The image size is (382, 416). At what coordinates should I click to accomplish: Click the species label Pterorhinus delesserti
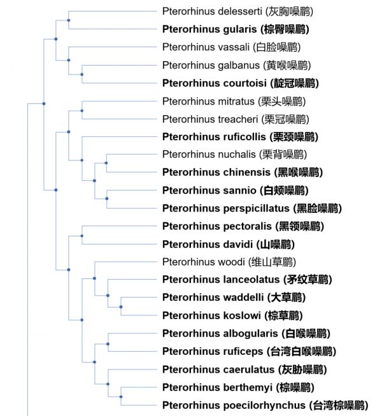click(x=237, y=11)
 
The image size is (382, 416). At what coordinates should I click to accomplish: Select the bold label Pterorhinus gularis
click(x=236, y=29)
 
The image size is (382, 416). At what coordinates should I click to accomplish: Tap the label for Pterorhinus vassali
click(x=231, y=47)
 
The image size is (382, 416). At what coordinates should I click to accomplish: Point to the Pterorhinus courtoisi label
click(x=241, y=83)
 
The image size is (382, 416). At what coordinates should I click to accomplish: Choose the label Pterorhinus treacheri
click(x=236, y=119)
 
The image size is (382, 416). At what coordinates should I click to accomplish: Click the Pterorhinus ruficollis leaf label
click(x=240, y=137)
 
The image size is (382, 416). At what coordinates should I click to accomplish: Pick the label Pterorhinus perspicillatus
click(x=252, y=208)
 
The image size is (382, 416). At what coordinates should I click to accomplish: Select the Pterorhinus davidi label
click(x=229, y=245)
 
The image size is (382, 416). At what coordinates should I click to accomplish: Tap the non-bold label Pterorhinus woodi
click(x=229, y=262)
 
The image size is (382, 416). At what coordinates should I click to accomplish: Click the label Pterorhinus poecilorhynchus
click(x=265, y=405)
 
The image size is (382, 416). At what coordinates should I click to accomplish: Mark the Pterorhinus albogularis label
click(x=246, y=333)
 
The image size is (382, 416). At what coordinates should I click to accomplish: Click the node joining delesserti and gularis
click(x=69, y=20)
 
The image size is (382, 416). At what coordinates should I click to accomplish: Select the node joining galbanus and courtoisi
click(x=82, y=75)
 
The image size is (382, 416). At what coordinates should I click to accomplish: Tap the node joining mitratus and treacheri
click(x=82, y=111)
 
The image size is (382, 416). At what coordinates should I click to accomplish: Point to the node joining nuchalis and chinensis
click(x=106, y=163)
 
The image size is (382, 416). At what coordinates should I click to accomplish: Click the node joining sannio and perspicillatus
click(x=107, y=199)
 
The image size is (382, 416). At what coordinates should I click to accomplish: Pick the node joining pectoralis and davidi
click(x=82, y=236)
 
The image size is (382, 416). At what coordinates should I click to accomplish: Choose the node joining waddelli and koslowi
click(x=121, y=307)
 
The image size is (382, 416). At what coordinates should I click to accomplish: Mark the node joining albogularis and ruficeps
click(x=108, y=344)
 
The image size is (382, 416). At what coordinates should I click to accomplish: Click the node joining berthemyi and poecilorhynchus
click(x=121, y=397)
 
